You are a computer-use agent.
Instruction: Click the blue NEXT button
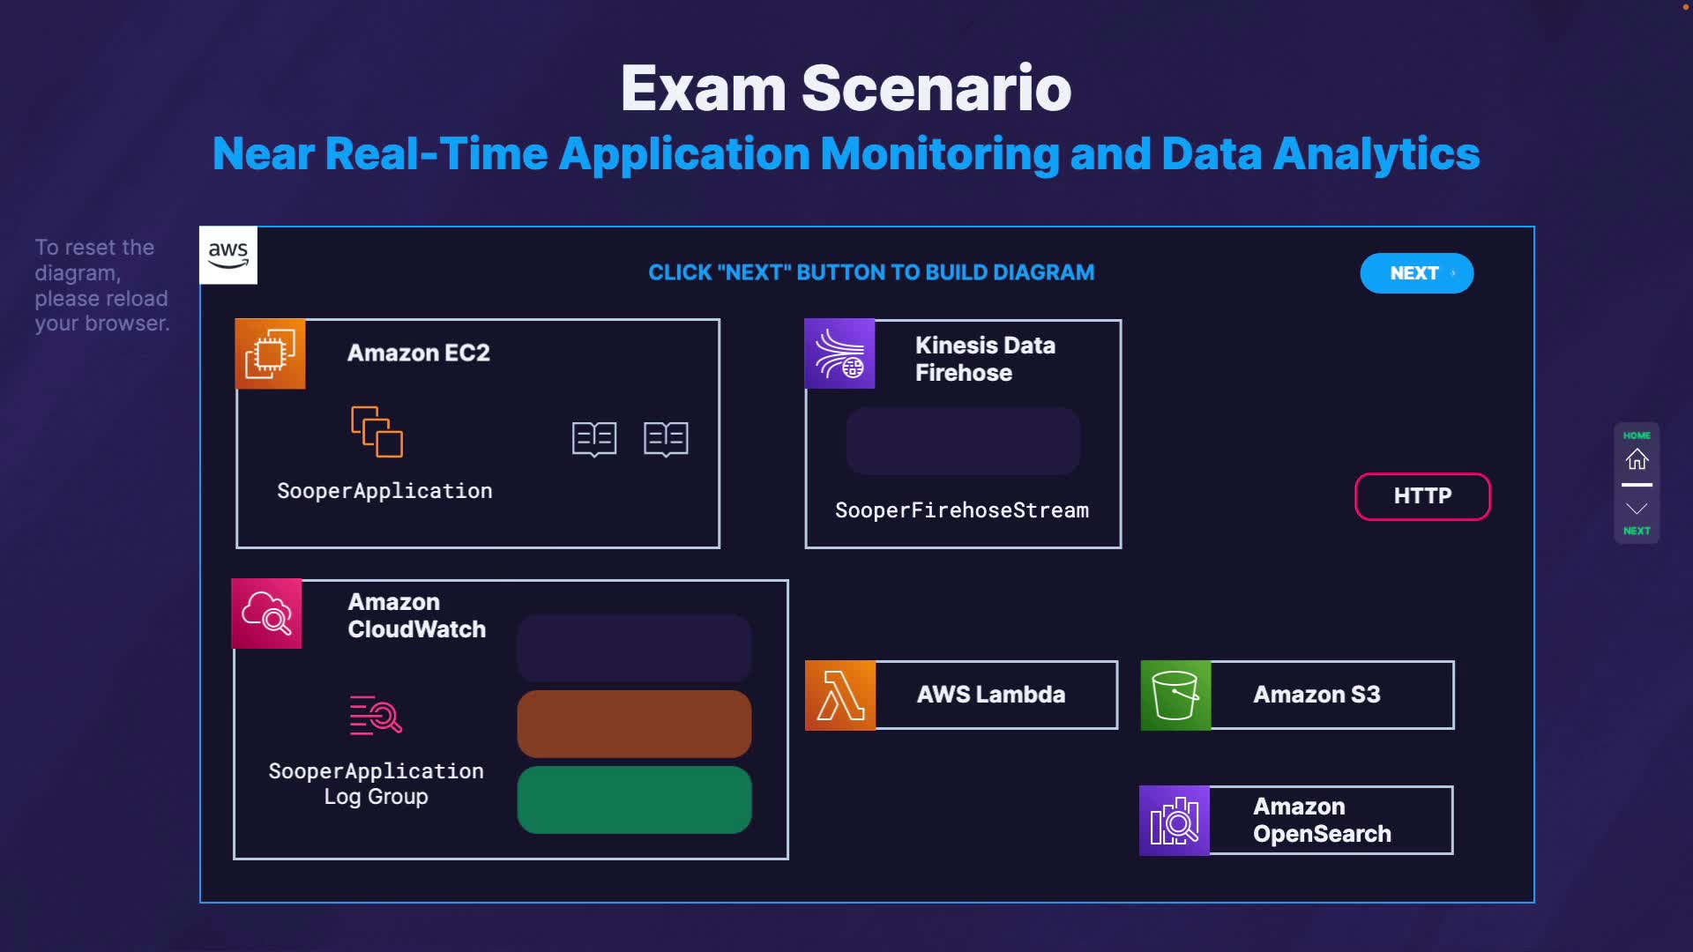[x=1416, y=273]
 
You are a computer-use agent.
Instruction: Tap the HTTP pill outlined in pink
[x=1422, y=496]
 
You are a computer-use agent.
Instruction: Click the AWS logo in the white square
[x=228, y=256]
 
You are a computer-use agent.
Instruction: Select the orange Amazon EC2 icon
[x=271, y=353]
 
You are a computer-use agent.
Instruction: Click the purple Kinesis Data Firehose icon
[x=839, y=353]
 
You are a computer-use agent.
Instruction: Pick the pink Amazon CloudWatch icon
[x=266, y=614]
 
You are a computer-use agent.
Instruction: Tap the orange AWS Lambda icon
[x=840, y=695]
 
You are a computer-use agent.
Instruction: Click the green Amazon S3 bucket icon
[x=1175, y=695]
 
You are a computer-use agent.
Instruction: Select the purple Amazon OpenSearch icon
[x=1175, y=821]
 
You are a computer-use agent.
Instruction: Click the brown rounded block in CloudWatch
[x=634, y=724]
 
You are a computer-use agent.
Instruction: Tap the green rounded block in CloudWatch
[x=634, y=800]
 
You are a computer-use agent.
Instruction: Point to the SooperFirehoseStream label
[x=962, y=510]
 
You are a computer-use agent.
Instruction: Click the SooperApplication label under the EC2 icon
[x=384, y=491]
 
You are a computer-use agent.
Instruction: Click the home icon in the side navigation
[x=1637, y=459]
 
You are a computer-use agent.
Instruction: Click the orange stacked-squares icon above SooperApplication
[x=377, y=432]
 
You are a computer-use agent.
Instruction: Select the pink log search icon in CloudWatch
[x=376, y=715]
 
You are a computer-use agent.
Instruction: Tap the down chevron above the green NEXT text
[x=1637, y=509]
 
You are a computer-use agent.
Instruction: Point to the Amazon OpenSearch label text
[x=1322, y=820]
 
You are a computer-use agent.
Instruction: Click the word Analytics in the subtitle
[x=1376, y=153]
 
